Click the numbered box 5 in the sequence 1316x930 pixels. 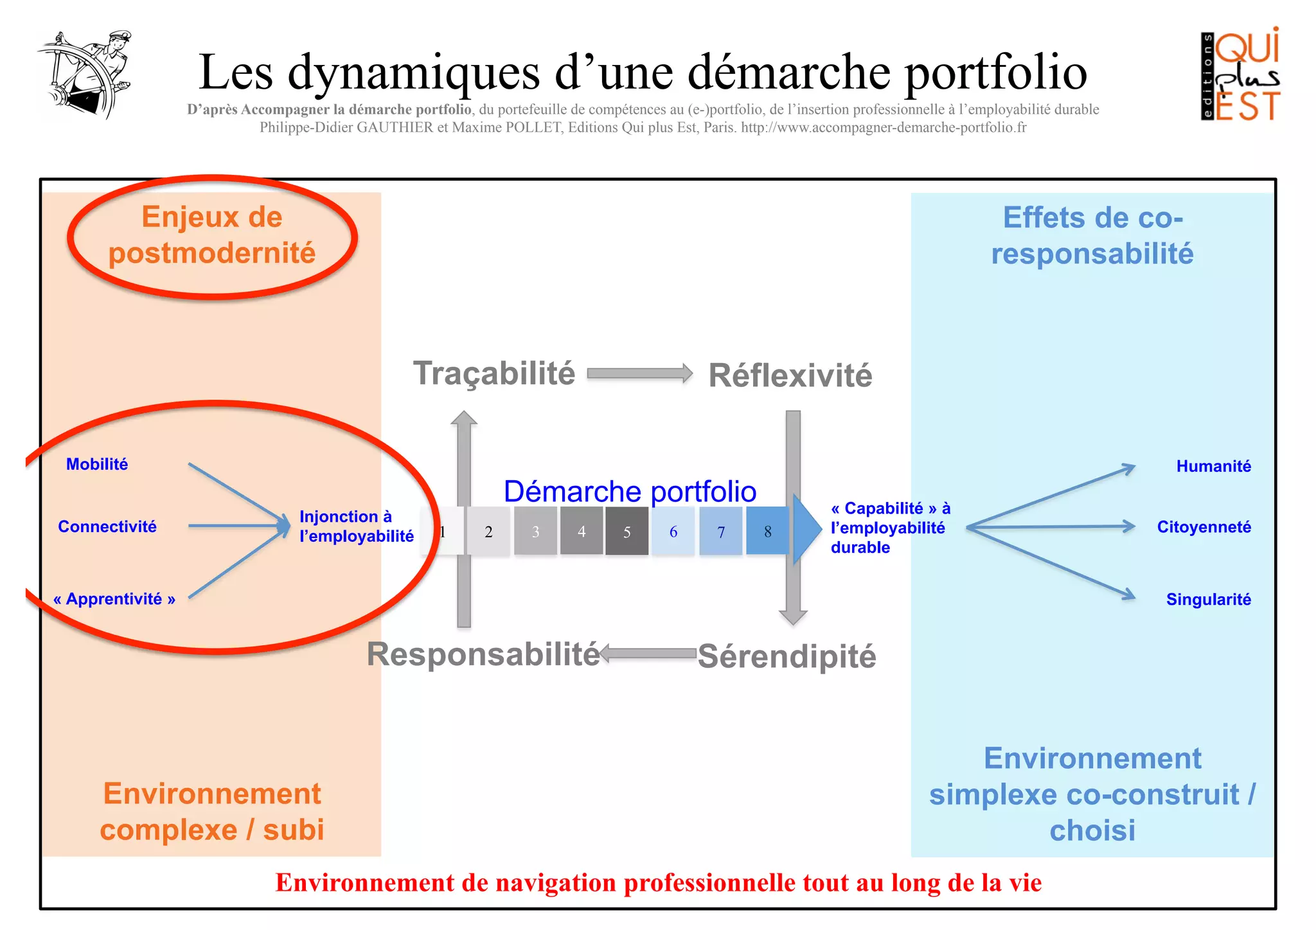[x=627, y=531]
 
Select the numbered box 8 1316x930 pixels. [x=767, y=531]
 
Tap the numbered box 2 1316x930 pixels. [x=488, y=531]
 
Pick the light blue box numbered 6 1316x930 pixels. [x=673, y=531]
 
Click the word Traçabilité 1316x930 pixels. [x=493, y=373]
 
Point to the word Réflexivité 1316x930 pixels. [x=790, y=375]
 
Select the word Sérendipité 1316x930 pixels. [x=787, y=656]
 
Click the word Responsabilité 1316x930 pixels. [x=483, y=654]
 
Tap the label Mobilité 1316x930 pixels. [x=97, y=464]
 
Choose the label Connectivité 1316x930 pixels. [x=107, y=526]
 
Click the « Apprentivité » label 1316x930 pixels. [x=114, y=599]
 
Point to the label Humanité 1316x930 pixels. [x=1213, y=466]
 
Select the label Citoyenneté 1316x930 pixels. [x=1204, y=527]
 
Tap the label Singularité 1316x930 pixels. [x=1208, y=600]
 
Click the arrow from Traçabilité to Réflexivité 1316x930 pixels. [x=639, y=373]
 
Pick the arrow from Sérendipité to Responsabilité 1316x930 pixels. [x=648, y=654]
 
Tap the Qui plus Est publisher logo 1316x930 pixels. [x=1240, y=75]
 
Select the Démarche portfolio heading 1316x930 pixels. [x=630, y=492]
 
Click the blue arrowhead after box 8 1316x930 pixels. [x=806, y=530]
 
